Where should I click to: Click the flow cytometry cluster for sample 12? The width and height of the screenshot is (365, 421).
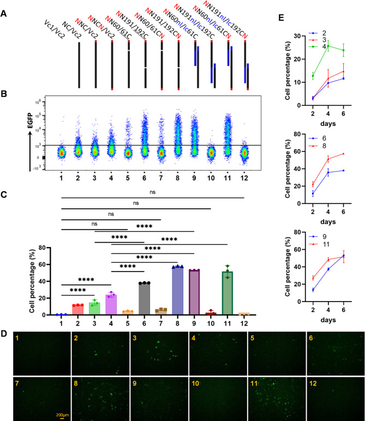244,153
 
